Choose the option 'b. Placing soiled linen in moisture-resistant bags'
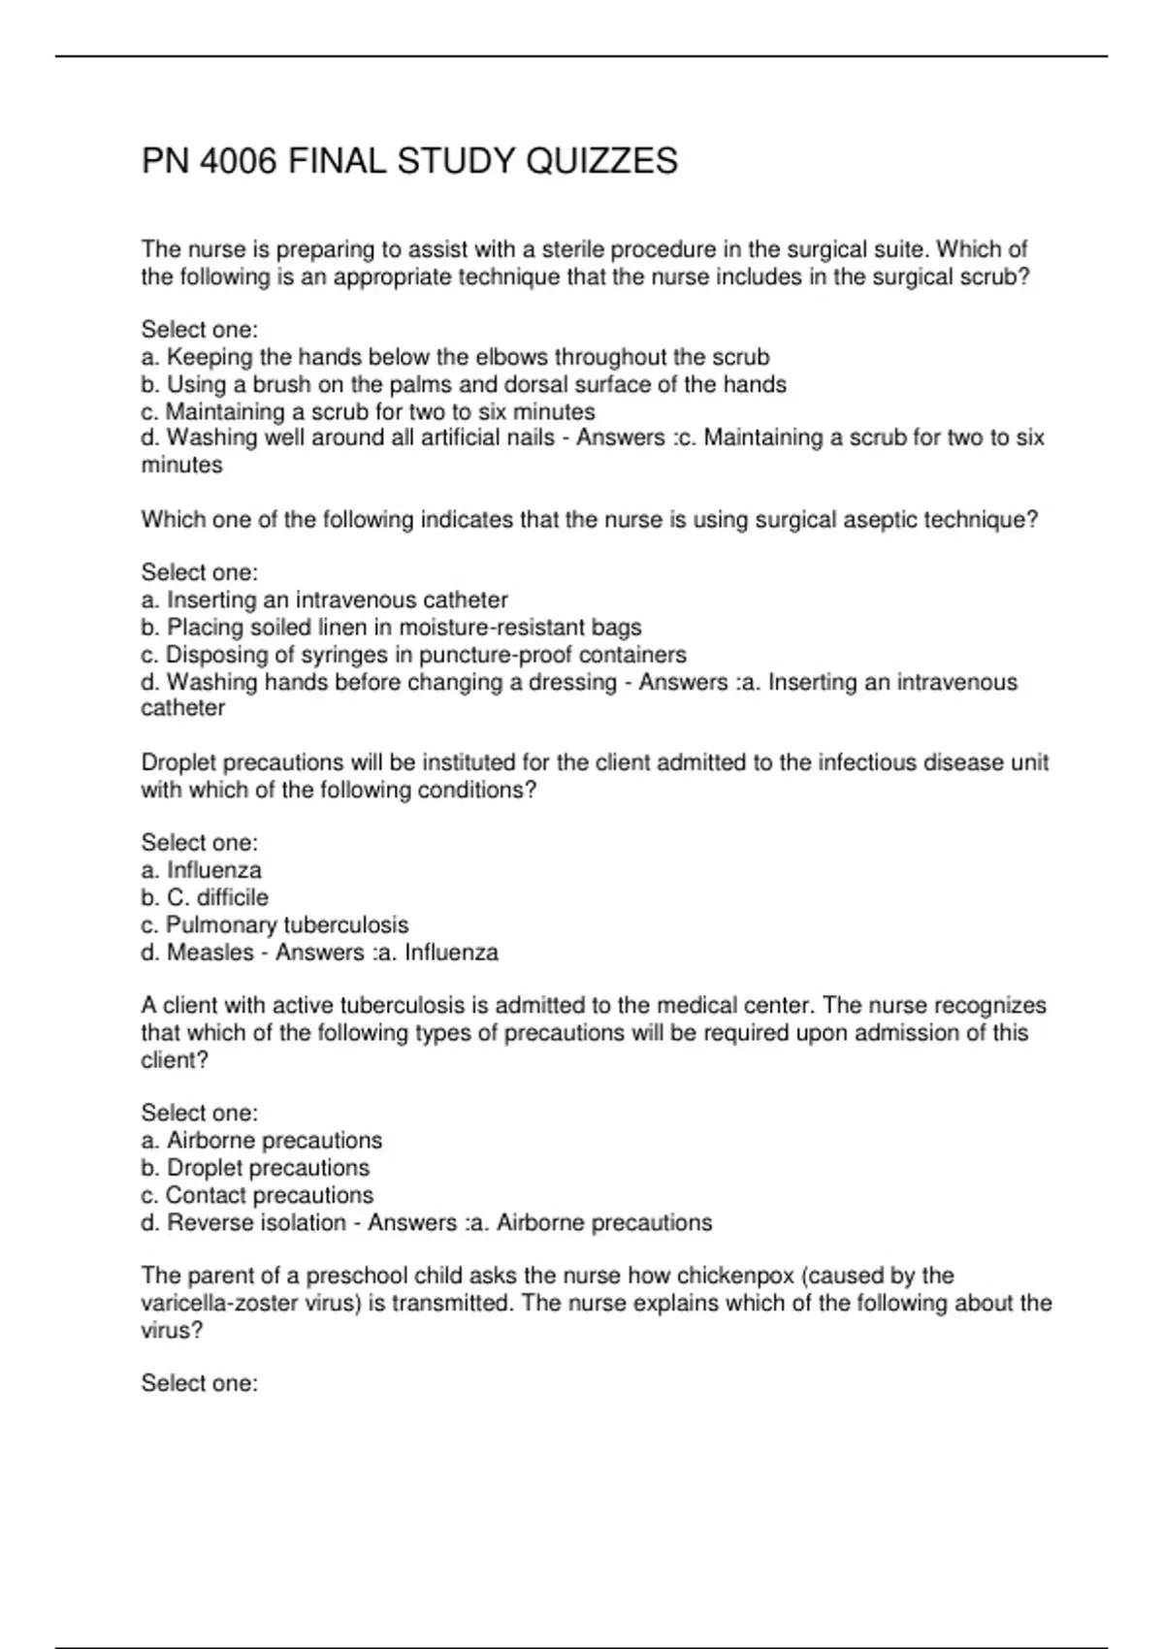click(x=391, y=628)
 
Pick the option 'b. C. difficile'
click(x=205, y=897)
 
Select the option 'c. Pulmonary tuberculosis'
click(x=275, y=924)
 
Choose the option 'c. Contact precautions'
click(x=257, y=1195)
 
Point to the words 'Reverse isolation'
click(x=256, y=1222)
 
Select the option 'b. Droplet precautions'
click(x=255, y=1168)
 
